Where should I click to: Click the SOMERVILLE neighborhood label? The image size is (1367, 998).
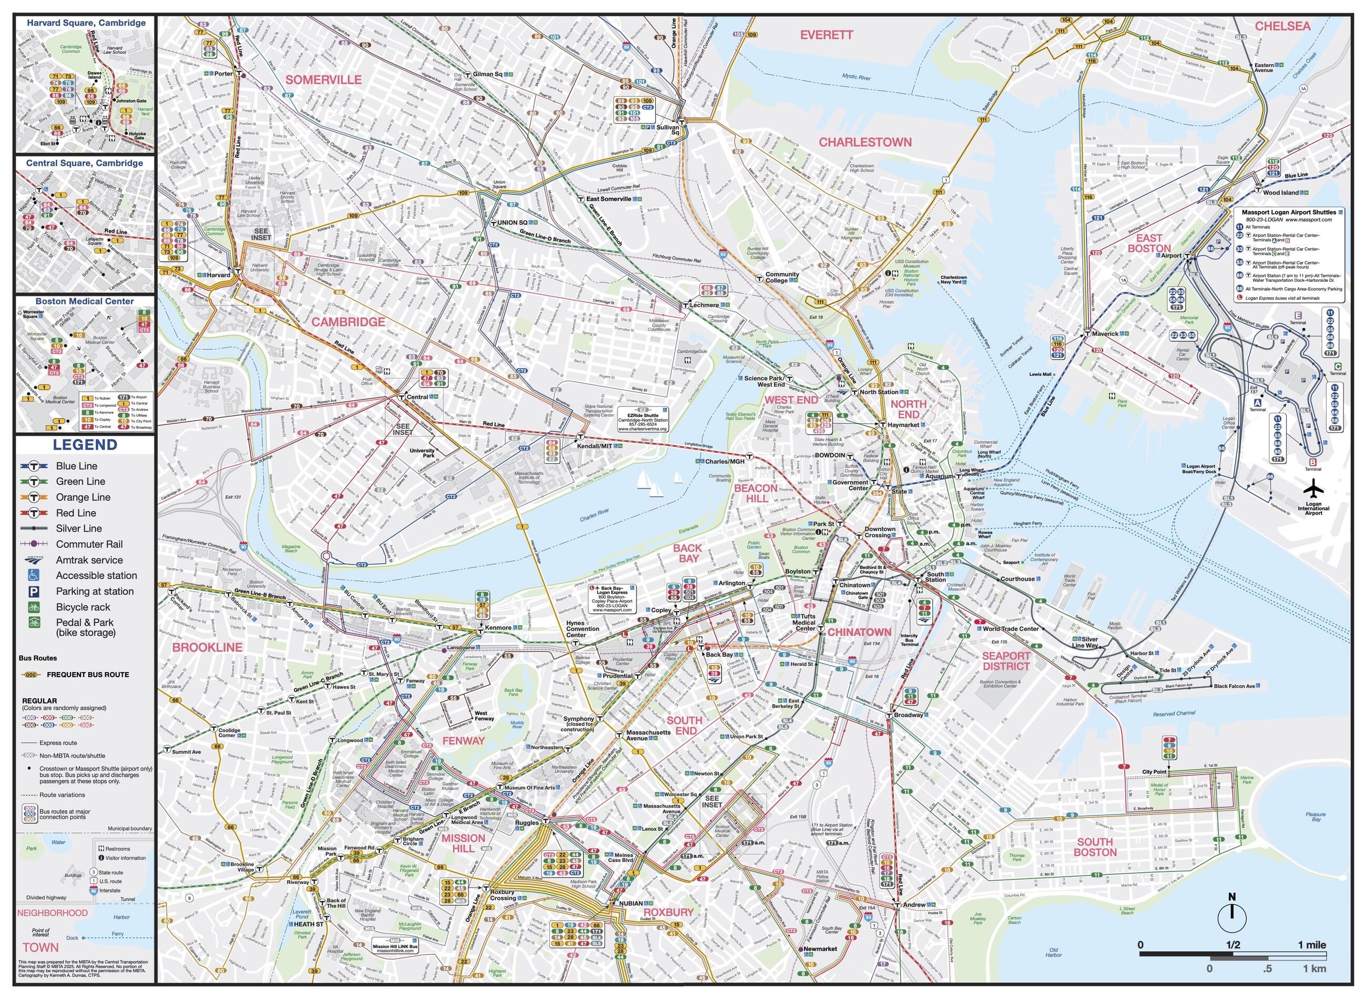coord(323,80)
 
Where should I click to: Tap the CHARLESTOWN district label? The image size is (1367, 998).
coord(865,142)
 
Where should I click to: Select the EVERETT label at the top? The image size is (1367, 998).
coord(827,35)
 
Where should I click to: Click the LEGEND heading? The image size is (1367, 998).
coord(85,445)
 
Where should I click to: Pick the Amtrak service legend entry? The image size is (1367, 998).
coord(89,560)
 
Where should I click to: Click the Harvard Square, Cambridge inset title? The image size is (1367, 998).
coord(86,23)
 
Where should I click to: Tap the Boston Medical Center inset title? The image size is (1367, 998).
coord(85,301)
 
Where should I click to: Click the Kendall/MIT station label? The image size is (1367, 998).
coord(595,446)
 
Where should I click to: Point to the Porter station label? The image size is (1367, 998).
coord(223,74)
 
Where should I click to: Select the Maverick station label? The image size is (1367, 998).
coord(1105,333)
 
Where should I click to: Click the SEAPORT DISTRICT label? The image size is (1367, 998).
coord(1006,661)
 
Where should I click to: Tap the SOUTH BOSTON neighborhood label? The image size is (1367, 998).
coord(1095,847)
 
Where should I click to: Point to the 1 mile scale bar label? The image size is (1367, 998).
coord(1312,945)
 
